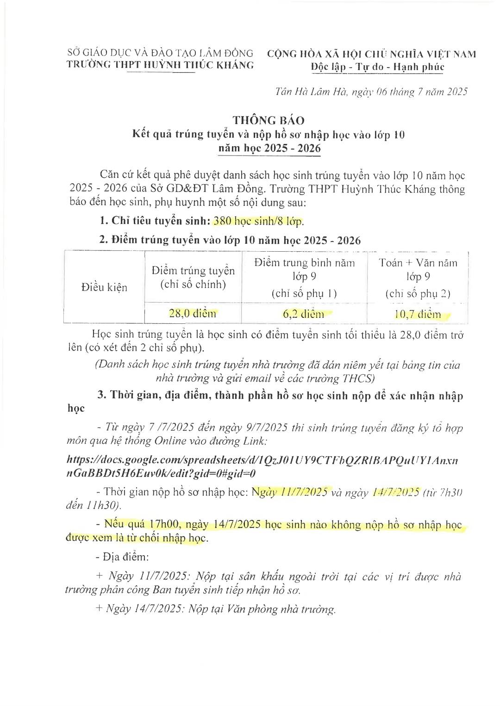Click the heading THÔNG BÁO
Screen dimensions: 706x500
(269, 120)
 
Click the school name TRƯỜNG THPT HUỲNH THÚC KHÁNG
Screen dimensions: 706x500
(160, 65)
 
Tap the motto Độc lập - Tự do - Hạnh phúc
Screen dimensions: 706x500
(377, 67)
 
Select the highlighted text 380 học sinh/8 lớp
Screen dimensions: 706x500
(258, 221)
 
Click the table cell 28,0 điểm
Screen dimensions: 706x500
(193, 314)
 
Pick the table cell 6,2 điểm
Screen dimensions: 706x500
(304, 315)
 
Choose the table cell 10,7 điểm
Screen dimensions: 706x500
(418, 315)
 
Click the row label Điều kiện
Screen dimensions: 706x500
(104, 287)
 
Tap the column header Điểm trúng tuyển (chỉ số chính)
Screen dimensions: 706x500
(193, 277)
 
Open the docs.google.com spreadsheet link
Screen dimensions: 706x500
(262, 467)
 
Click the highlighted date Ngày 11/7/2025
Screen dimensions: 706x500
(290, 492)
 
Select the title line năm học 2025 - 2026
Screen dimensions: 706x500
(269, 149)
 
